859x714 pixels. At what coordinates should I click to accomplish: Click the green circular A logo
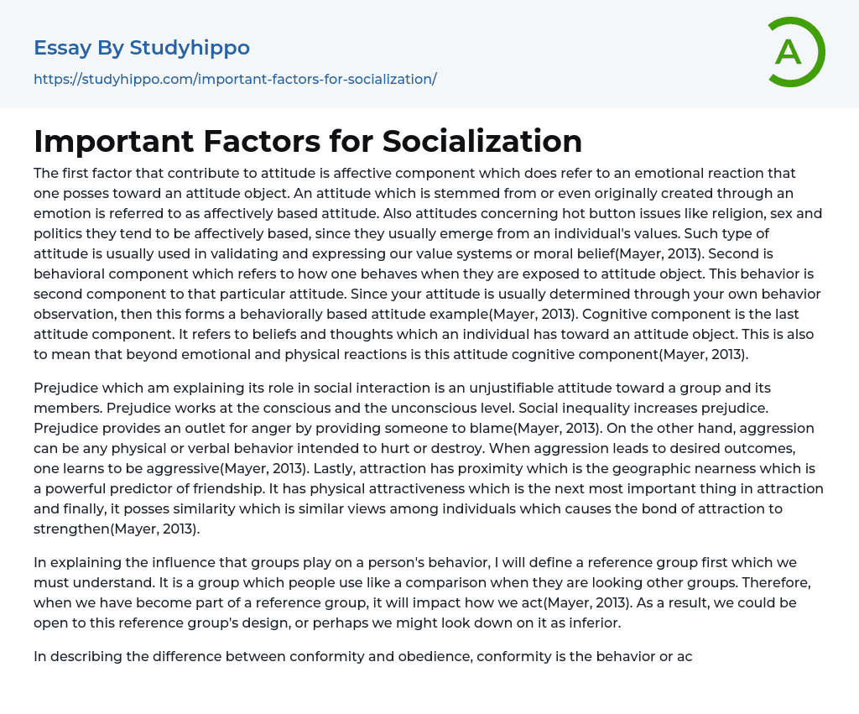(x=792, y=52)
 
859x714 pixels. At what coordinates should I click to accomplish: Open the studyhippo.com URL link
(x=235, y=79)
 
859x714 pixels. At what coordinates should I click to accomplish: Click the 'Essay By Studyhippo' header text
(x=142, y=48)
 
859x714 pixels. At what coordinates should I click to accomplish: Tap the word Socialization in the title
(x=482, y=141)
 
